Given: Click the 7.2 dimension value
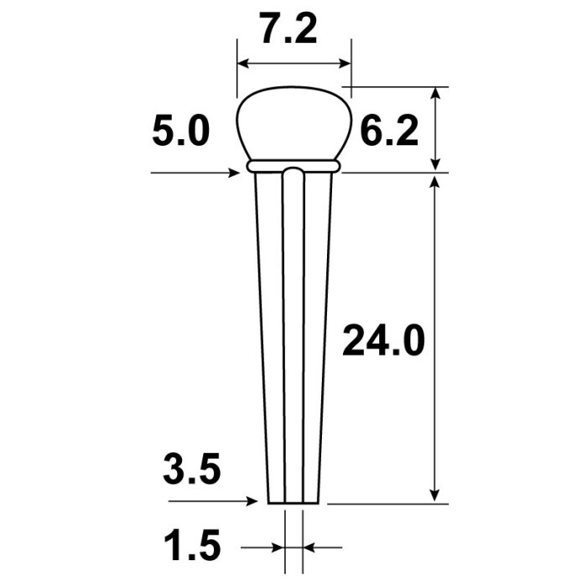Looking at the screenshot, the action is [x=289, y=29].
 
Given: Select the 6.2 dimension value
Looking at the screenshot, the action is [x=389, y=131].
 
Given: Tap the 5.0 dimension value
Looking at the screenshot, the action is [x=181, y=131].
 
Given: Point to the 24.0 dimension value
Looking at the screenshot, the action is [x=383, y=340].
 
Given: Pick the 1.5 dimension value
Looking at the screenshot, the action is [x=192, y=545].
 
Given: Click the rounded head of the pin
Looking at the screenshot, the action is [x=294, y=123].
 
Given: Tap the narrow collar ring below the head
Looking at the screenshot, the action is [x=293, y=166].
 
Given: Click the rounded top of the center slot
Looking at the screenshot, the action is [x=293, y=171].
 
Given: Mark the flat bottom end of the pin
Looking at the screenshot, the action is [x=293, y=503].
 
